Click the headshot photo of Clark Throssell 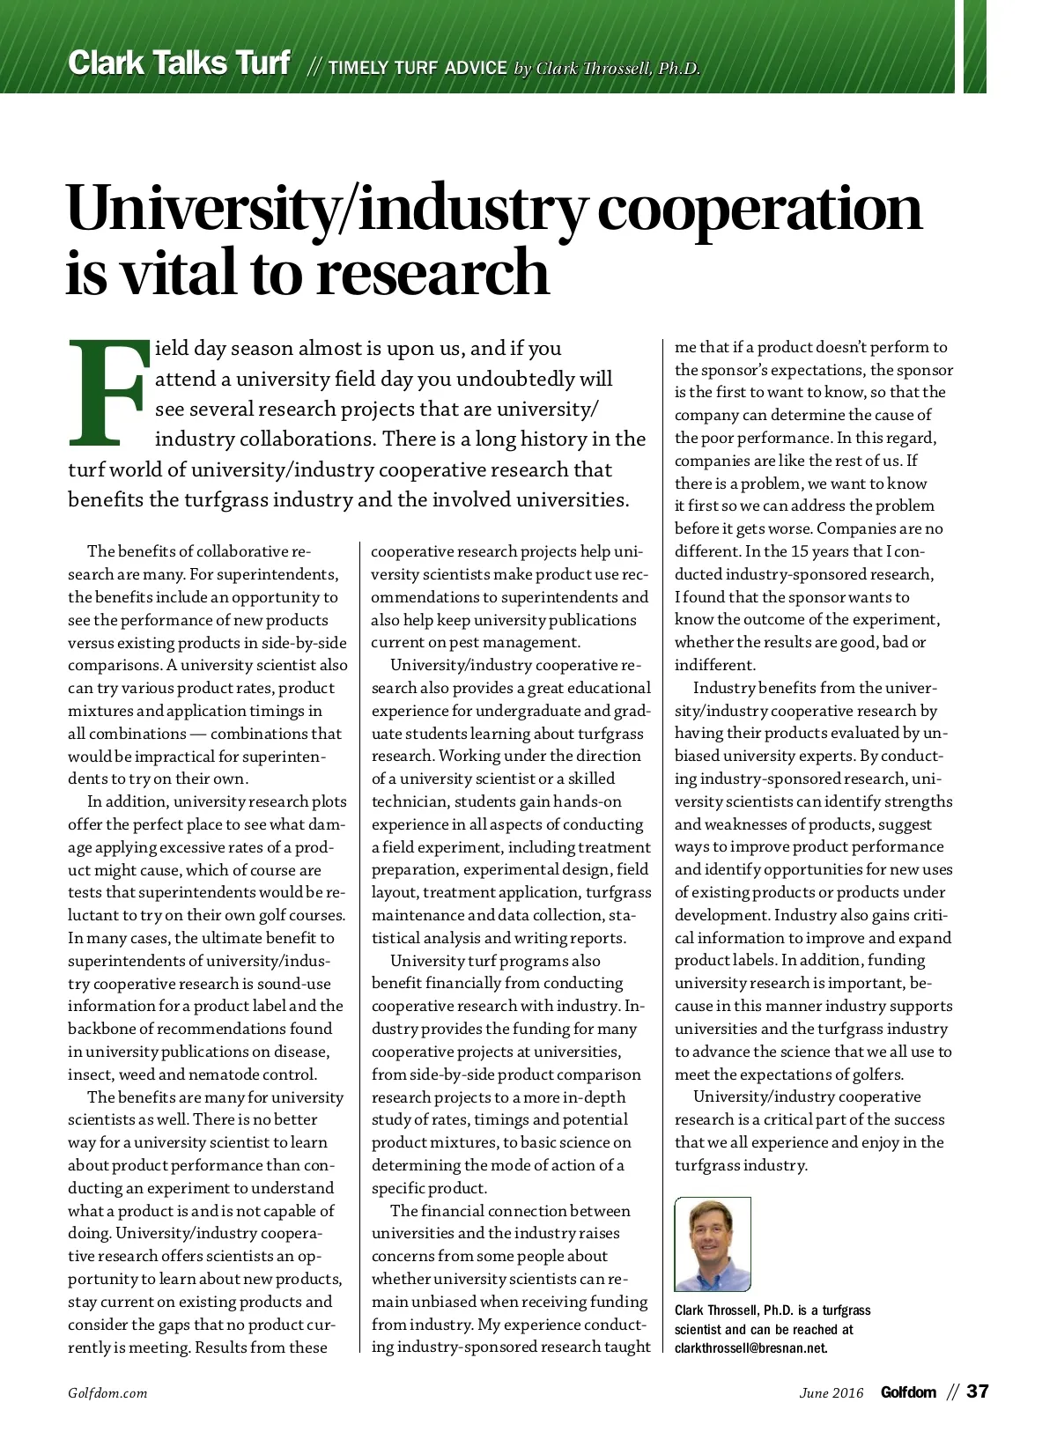pyautogui.click(x=712, y=1244)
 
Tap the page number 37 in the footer pyautogui.click(x=978, y=1391)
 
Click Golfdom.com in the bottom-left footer pyautogui.click(x=107, y=1392)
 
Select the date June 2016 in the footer pyautogui.click(x=832, y=1392)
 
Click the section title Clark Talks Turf pyautogui.click(x=179, y=63)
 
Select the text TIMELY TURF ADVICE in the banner pyautogui.click(x=418, y=68)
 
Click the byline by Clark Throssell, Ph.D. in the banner pyautogui.click(x=607, y=69)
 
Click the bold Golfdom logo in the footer pyautogui.click(x=908, y=1392)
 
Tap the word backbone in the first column pyautogui.click(x=101, y=1029)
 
